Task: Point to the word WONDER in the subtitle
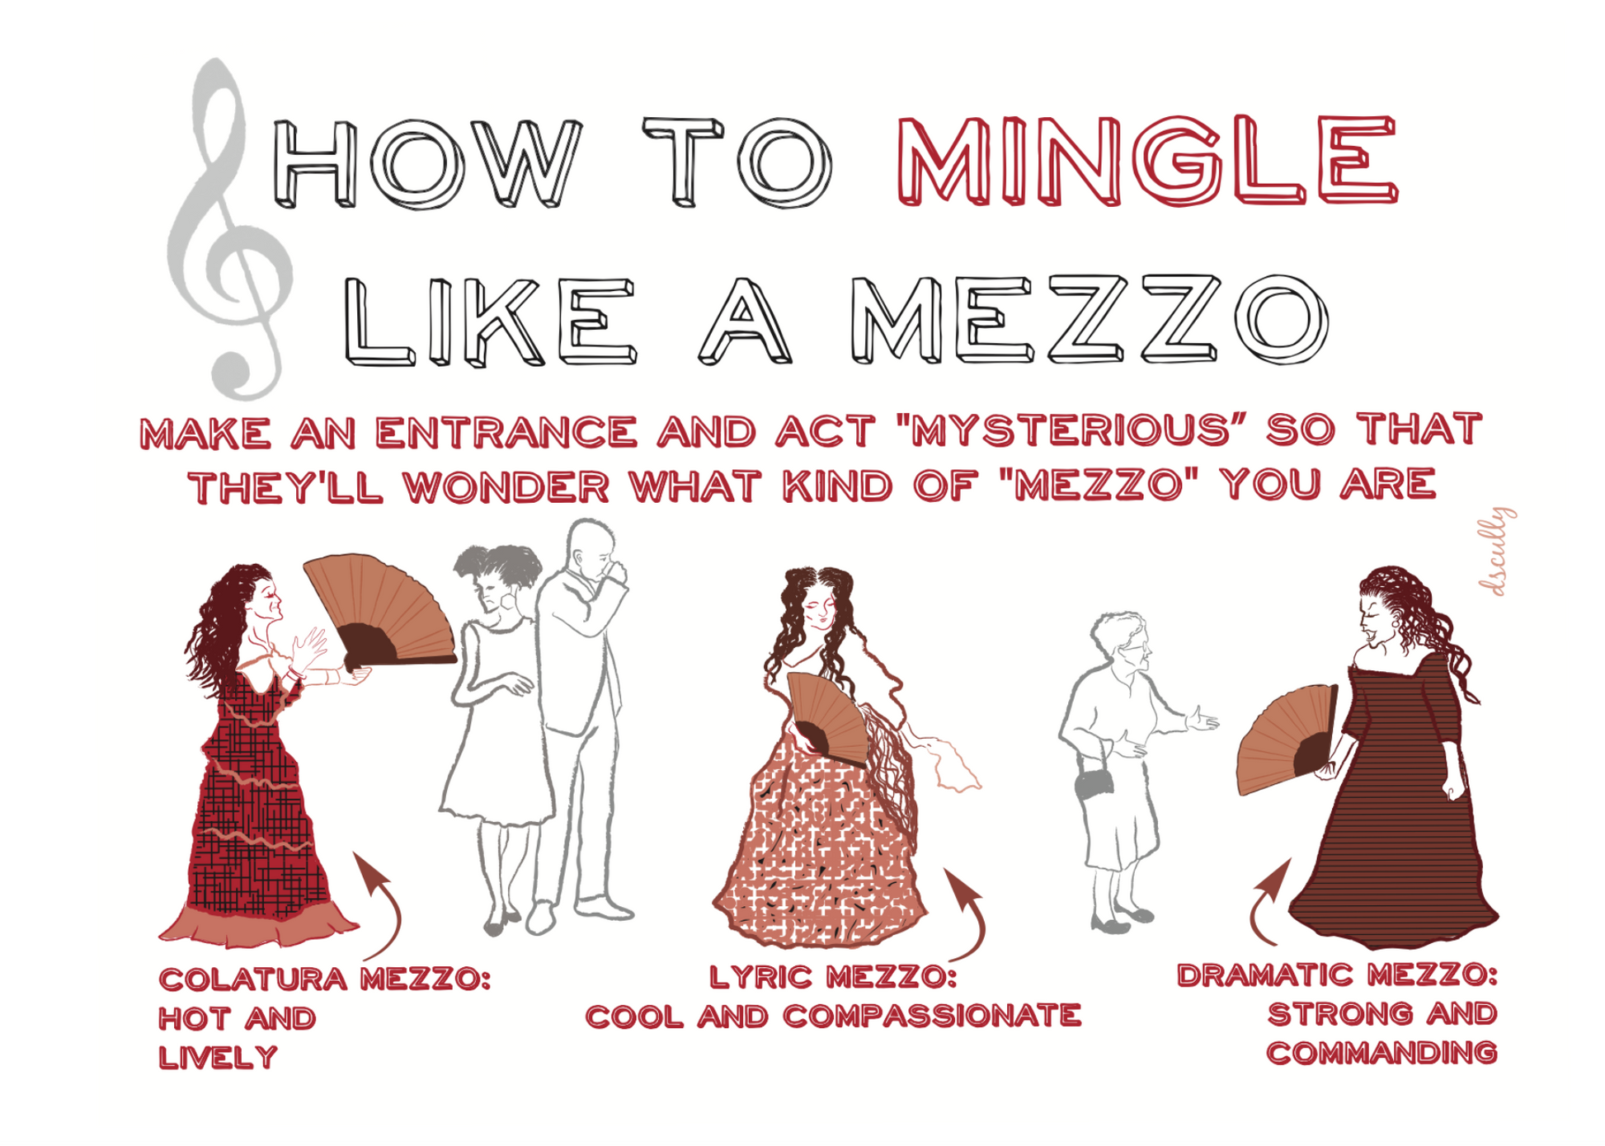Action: (x=506, y=486)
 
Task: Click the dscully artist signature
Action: (x=1496, y=552)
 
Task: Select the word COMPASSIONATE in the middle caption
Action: (x=932, y=1016)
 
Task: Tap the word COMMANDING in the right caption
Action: (x=1381, y=1053)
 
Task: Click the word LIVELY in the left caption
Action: (x=218, y=1057)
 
